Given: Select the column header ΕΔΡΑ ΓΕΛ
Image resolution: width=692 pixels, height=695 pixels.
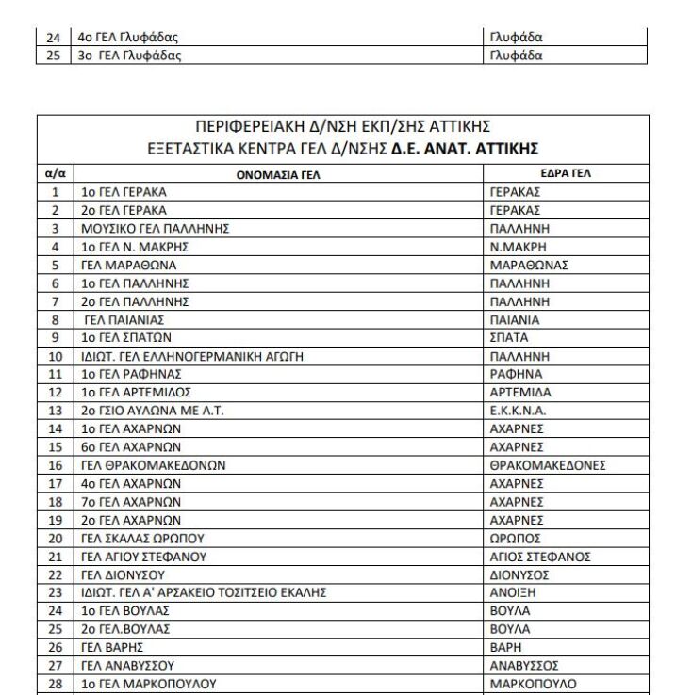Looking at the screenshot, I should coord(546,174).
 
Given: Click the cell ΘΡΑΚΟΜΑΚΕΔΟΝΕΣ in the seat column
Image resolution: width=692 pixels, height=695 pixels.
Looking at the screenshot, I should coord(548,465).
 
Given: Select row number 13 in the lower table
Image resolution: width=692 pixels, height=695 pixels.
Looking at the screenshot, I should coord(56,411).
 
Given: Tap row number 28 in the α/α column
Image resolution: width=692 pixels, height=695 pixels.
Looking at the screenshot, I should coord(56,684).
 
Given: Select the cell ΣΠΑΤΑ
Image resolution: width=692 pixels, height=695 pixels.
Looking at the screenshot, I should coord(510,337).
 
